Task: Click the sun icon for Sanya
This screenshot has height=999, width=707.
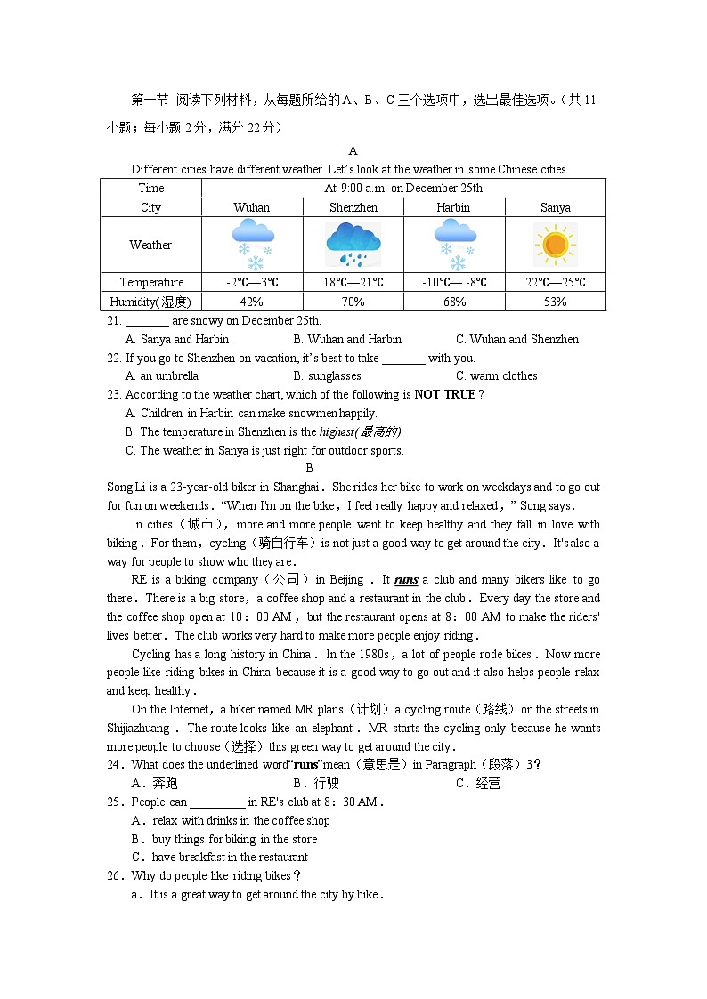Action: (x=555, y=245)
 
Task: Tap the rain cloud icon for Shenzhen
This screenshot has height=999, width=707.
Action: (x=353, y=245)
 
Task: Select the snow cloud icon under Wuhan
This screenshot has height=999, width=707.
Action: (x=252, y=245)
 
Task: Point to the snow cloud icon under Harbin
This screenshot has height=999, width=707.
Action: (x=454, y=245)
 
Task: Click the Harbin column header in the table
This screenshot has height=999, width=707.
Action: (x=454, y=207)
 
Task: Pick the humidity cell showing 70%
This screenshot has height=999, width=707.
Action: (x=353, y=302)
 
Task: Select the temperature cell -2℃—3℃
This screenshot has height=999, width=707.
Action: (x=252, y=282)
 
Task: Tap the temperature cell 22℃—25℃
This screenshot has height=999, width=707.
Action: (x=555, y=282)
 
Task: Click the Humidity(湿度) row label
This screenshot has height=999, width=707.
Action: (x=150, y=302)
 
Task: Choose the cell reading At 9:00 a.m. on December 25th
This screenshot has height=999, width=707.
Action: (x=403, y=188)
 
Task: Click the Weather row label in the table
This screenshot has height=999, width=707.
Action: (x=150, y=245)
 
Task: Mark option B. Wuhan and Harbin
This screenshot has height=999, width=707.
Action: (x=347, y=339)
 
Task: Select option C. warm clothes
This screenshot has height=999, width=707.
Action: (x=496, y=375)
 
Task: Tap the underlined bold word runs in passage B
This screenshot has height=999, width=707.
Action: (x=406, y=580)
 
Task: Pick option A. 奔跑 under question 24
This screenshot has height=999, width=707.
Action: (x=154, y=783)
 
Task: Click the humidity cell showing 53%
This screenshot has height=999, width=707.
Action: (x=555, y=302)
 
